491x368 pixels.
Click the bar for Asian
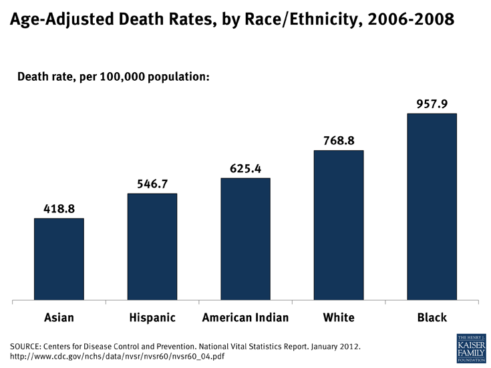(59, 259)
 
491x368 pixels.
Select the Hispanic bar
(152, 246)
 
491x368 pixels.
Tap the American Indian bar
(245, 239)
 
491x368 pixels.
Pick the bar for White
(339, 225)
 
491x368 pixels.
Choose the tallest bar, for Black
(432, 207)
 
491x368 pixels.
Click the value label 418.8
(59, 208)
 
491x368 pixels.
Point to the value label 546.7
(152, 183)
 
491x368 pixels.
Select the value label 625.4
(245, 168)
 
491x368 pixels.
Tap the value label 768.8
(339, 140)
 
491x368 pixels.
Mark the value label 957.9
(432, 104)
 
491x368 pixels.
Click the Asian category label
(59, 318)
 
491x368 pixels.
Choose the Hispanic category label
(152, 318)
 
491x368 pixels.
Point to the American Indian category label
(245, 318)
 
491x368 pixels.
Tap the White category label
(339, 318)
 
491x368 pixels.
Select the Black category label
(432, 318)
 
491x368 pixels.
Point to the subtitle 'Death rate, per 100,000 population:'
(114, 77)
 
